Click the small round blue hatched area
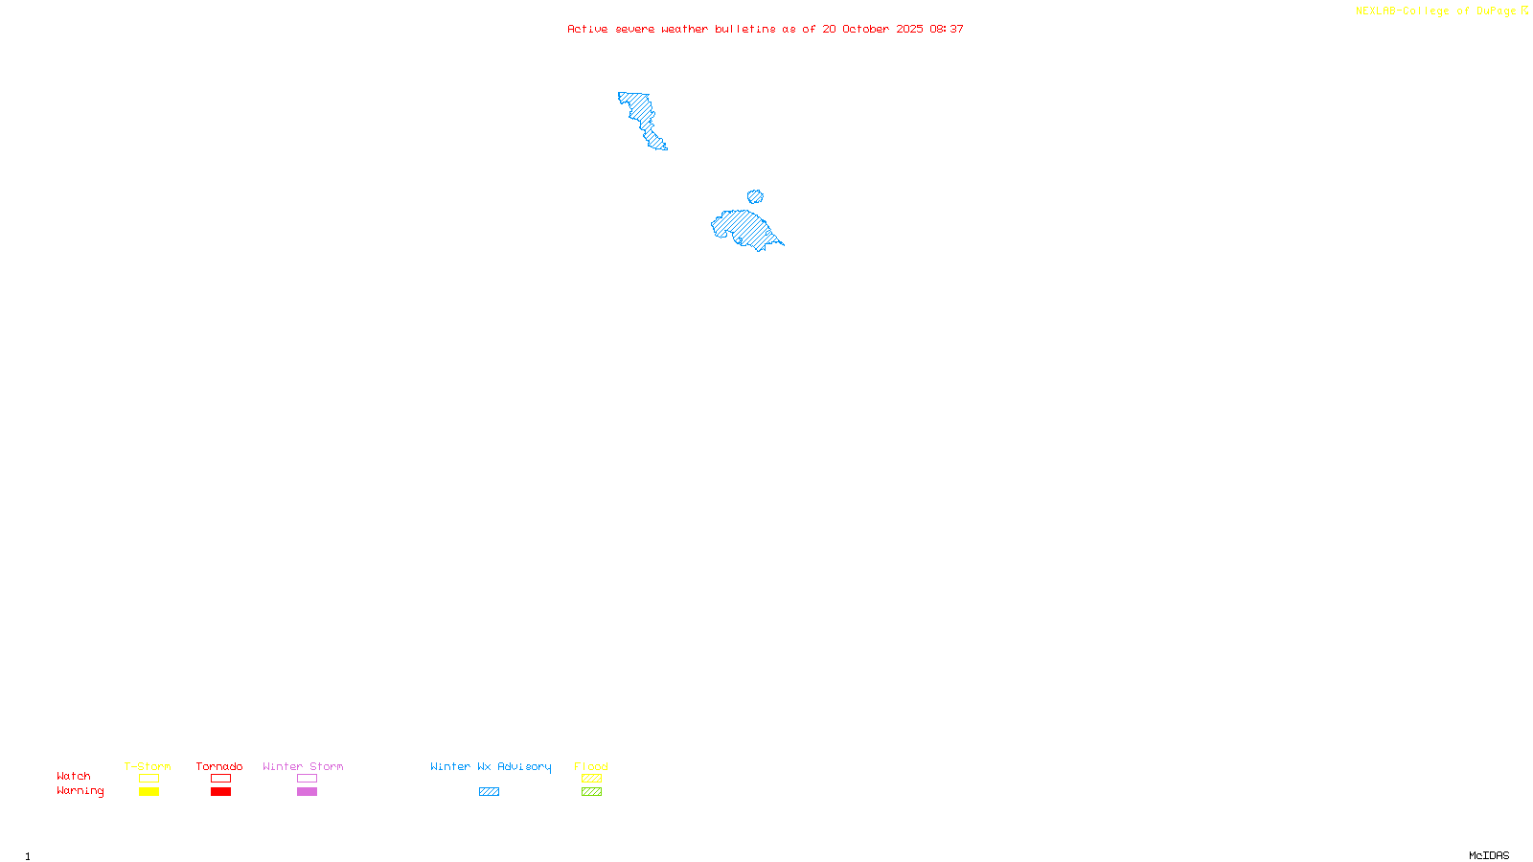[755, 196]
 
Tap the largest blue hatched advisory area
[744, 227]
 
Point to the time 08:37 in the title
[946, 29]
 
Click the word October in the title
[865, 29]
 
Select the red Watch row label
[74, 776]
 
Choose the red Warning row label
[80, 791]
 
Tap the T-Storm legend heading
[148, 766]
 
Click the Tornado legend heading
[219, 766]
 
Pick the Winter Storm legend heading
[303, 766]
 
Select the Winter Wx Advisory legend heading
[491, 766]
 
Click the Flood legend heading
[591, 766]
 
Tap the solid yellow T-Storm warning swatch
[149, 792]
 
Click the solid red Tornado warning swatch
[220, 792]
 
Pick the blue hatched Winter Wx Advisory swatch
[489, 792]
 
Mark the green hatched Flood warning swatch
[591, 792]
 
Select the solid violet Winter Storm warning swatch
[307, 792]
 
